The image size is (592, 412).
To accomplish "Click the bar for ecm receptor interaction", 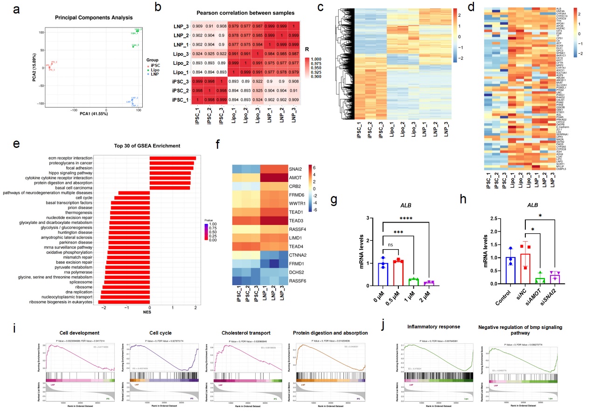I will click(x=172, y=158).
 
